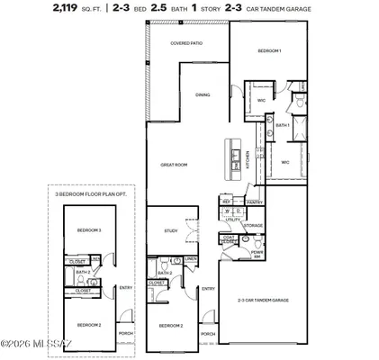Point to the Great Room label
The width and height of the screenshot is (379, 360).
pos(173,165)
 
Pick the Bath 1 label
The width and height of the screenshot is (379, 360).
pos(282,125)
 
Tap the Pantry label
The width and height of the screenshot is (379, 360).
pos(255,202)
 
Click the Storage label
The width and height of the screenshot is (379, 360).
pos(253,225)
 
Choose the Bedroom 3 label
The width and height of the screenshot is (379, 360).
pos(87,230)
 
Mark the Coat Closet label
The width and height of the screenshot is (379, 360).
pos(230,240)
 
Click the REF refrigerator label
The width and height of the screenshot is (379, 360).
pos(226,202)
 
